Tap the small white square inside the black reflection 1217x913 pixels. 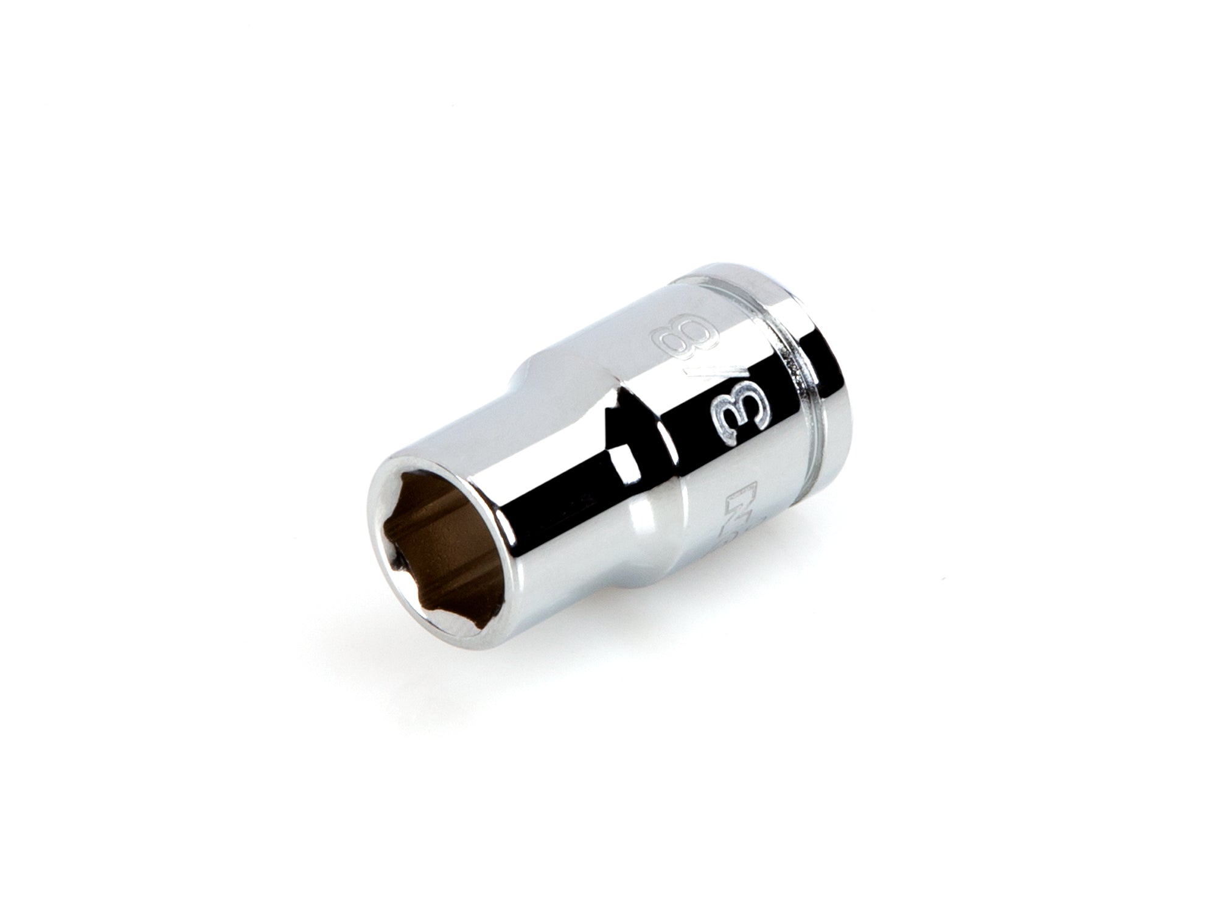point(620,453)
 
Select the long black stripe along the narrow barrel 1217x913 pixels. point(548,481)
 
